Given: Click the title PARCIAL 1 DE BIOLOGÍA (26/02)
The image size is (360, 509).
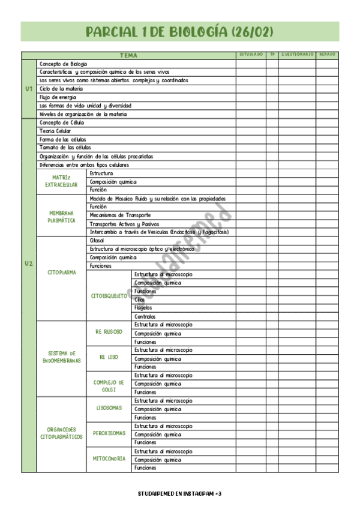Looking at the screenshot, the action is click(180, 32).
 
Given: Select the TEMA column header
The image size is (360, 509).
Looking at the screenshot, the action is click(128, 55).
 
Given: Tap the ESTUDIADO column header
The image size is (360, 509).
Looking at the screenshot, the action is click(251, 55).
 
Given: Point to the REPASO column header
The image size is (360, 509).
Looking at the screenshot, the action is click(328, 55).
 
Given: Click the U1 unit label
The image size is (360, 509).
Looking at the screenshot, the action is click(29, 89).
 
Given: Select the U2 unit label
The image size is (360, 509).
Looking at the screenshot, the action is click(29, 264).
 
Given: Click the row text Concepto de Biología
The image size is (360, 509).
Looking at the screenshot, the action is click(63, 64).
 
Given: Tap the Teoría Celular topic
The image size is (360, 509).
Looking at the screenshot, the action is click(55, 131).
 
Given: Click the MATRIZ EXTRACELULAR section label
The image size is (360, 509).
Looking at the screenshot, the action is click(61, 181).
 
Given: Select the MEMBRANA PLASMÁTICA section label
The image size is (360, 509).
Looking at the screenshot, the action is click(61, 215).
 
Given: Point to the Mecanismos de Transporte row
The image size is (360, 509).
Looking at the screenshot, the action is click(120, 215).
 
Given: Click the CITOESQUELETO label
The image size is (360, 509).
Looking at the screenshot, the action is click(109, 295).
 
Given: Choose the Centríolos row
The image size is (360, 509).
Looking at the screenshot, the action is click(145, 316).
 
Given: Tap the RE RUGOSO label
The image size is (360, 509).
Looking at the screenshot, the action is click(109, 332).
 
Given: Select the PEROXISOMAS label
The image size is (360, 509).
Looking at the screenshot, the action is click(109, 433).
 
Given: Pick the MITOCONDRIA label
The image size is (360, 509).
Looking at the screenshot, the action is click(109, 459).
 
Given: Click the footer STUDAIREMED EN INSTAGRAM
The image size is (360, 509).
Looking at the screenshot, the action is click(179, 493).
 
